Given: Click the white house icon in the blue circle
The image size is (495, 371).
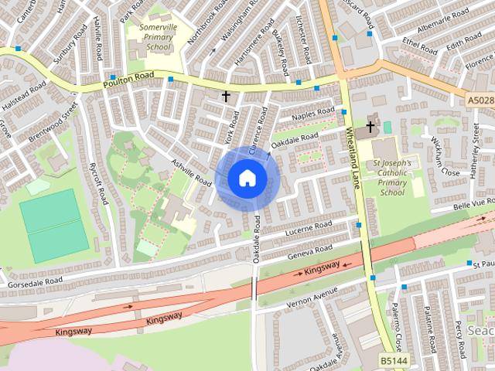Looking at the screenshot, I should click(x=247, y=178).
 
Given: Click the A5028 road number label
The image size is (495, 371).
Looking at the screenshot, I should click(x=480, y=101).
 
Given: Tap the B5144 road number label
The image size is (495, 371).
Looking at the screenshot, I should click(x=393, y=361).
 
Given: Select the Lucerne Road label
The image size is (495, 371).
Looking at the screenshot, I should click(x=308, y=229).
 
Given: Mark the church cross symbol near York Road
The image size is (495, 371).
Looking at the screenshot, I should click(x=226, y=97).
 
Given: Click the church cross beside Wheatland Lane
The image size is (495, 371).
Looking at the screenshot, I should click(x=370, y=126).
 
